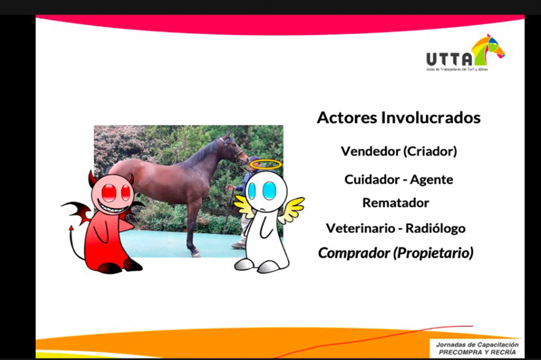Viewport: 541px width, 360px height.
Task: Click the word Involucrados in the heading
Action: coord(431,118)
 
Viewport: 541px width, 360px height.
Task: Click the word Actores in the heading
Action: coord(347,118)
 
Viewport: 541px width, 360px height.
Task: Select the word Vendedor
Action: coord(371,151)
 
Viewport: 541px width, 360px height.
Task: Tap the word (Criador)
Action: coord(430,151)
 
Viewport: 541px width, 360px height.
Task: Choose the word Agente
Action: coord(432,180)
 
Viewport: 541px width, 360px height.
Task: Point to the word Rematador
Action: coord(396,203)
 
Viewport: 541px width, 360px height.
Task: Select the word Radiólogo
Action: coord(436,229)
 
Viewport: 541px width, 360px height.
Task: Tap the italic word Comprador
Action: coord(354,253)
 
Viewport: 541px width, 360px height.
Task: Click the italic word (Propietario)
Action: coord(434,253)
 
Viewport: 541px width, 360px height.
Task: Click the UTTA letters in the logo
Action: coord(449,59)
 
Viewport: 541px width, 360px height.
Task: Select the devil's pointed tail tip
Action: coord(71,228)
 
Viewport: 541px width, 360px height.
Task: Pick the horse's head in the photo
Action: coord(234,148)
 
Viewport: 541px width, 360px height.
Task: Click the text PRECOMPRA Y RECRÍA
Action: coord(477,352)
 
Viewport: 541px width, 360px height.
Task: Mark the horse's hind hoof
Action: coord(196,254)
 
